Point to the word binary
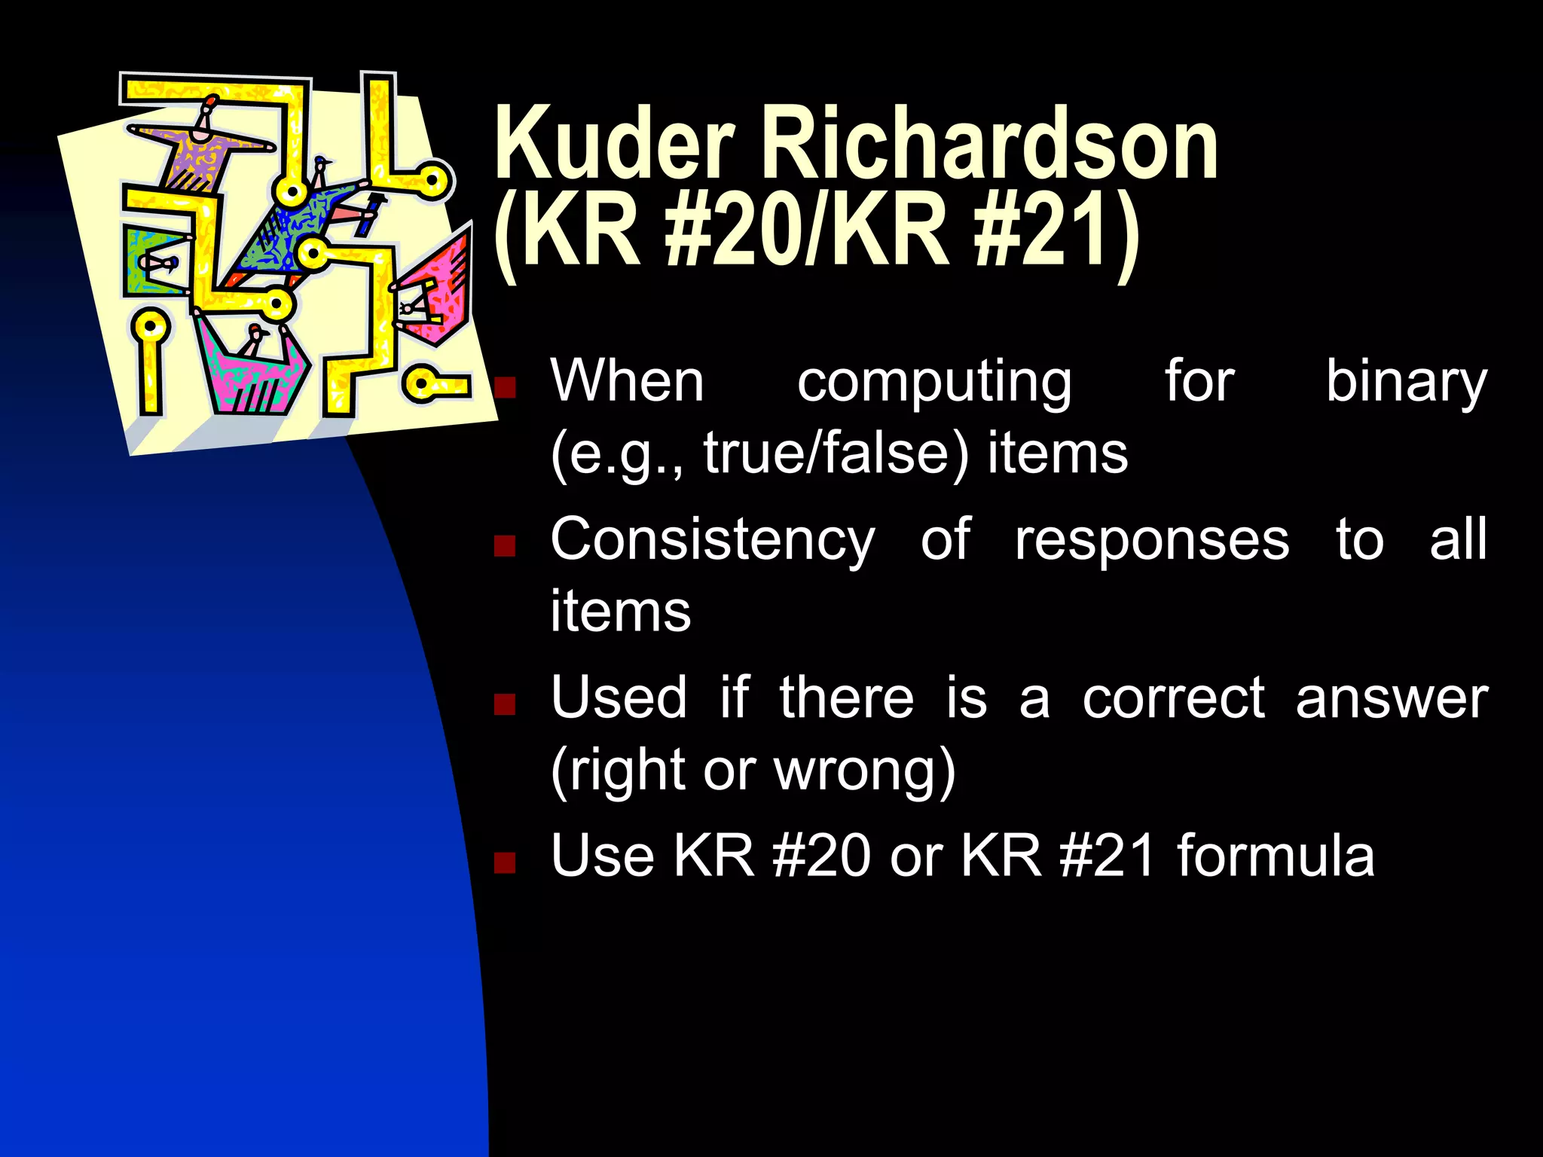click(x=1406, y=383)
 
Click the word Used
click(x=619, y=698)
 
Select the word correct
click(x=1173, y=699)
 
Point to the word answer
click(x=1392, y=699)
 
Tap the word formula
click(x=1276, y=856)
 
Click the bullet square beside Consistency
click(x=504, y=545)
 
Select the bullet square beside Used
click(x=504, y=704)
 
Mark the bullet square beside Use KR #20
click(x=504, y=862)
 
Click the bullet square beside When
click(x=504, y=387)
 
